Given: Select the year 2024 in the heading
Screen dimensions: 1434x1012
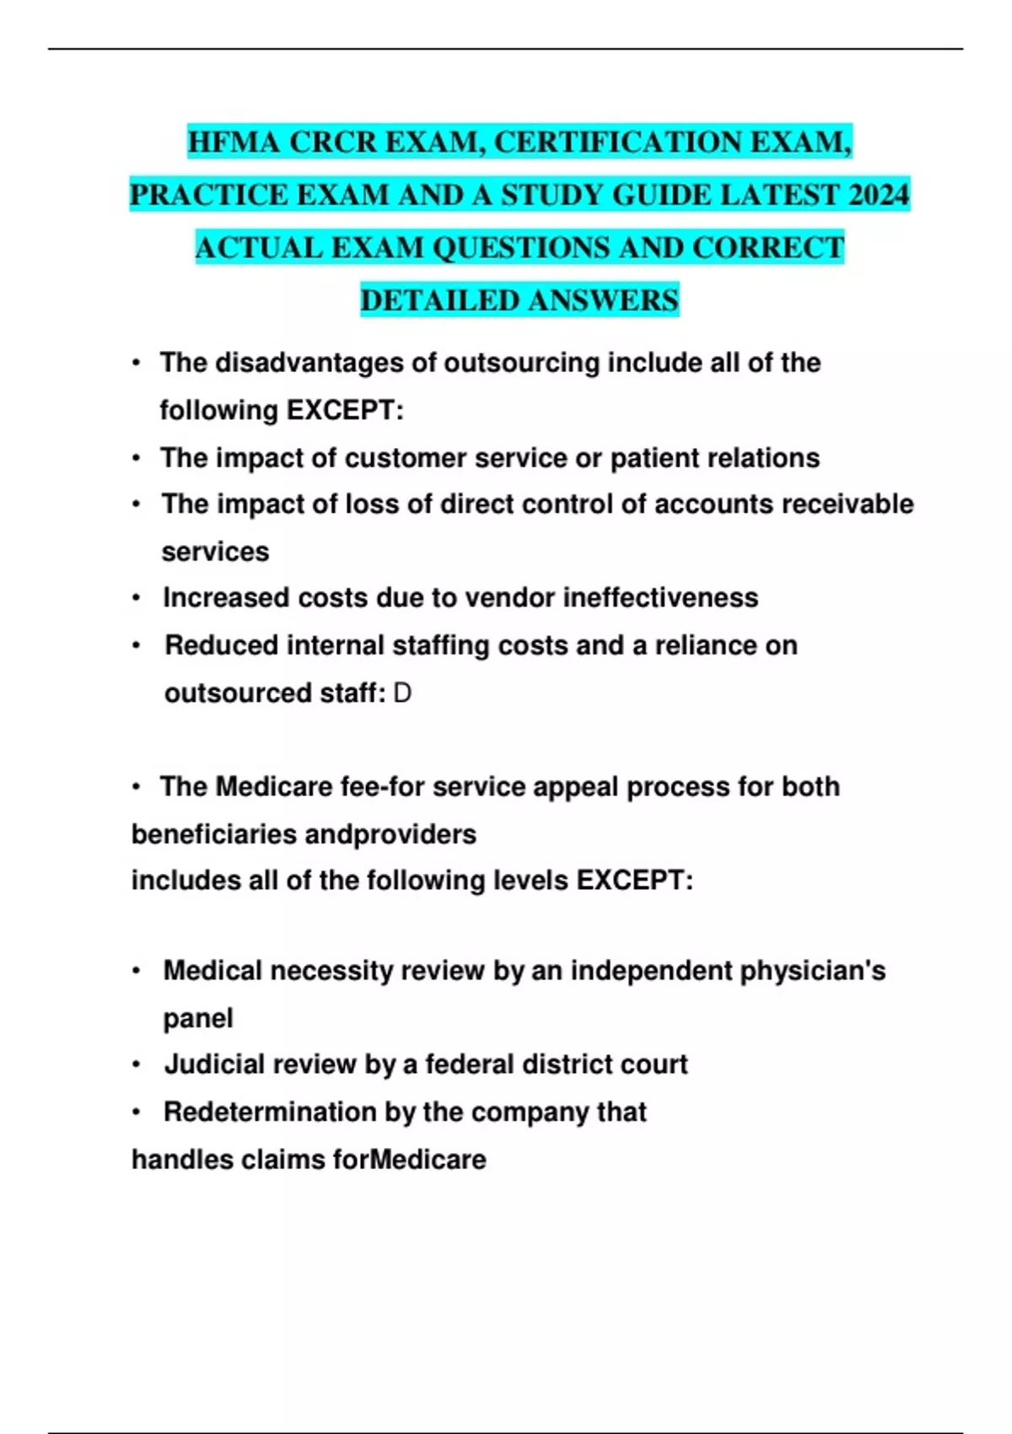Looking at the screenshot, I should (879, 195).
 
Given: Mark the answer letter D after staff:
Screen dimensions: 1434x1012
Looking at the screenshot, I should (402, 693).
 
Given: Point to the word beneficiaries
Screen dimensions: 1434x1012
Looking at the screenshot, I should (213, 834).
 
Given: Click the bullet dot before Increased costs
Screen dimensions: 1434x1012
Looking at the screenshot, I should (136, 598).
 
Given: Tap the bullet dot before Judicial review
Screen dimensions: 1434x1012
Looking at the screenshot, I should (136, 1065).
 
